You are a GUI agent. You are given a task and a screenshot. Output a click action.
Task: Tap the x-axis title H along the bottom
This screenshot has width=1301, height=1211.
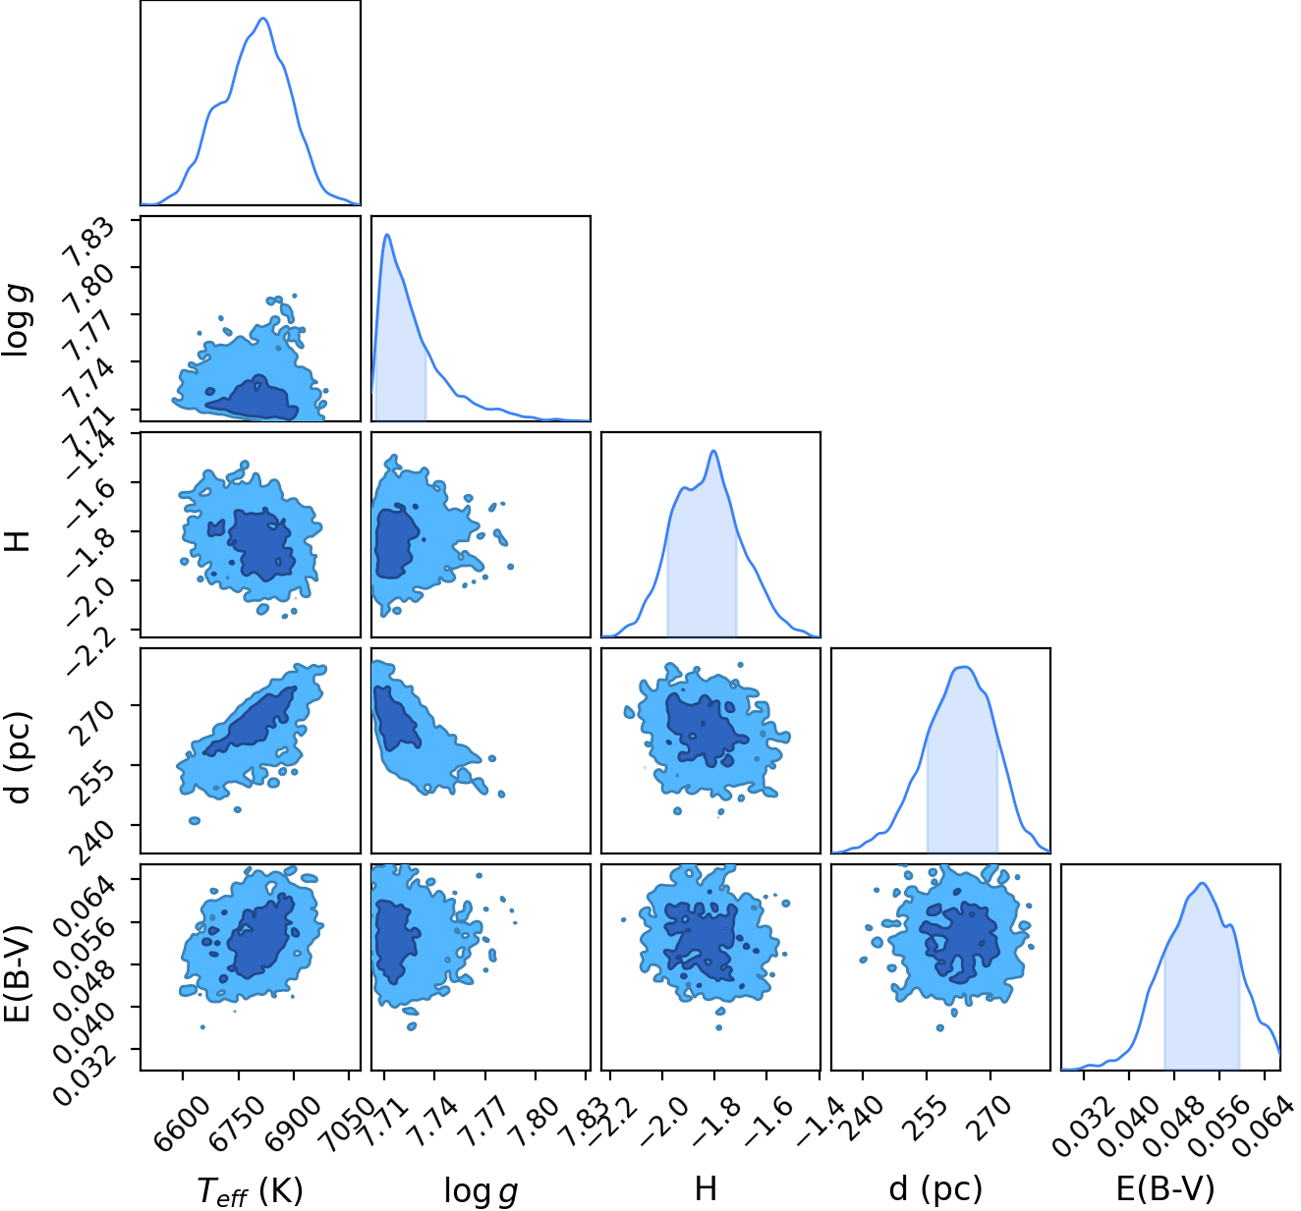pos(705,1187)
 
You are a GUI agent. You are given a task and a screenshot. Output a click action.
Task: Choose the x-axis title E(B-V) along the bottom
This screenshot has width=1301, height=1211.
pos(1164,1187)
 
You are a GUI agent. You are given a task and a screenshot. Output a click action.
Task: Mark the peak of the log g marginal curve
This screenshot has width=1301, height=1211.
pos(387,235)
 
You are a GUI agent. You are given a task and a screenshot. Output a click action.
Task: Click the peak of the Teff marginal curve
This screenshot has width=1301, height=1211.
pos(262,19)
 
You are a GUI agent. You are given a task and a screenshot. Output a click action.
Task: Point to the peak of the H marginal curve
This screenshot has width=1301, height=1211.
pos(713,451)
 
